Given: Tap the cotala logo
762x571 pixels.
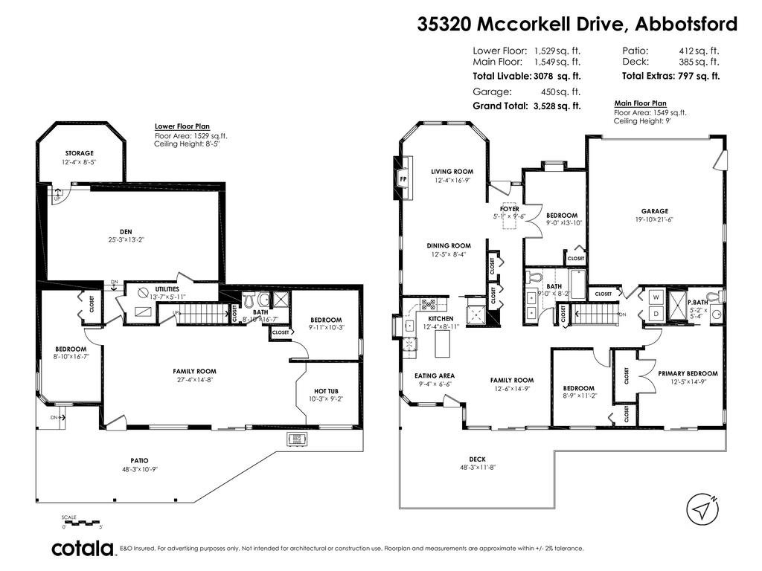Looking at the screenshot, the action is [x=83, y=548].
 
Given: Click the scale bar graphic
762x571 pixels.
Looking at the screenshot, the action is [x=81, y=523].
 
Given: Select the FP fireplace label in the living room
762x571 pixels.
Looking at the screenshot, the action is [x=403, y=179].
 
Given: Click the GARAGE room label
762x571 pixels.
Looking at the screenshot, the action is [x=655, y=211].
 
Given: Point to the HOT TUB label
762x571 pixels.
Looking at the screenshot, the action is [x=326, y=391].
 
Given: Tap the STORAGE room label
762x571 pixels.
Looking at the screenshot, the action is [x=79, y=153].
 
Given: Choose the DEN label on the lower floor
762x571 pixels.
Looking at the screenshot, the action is [x=126, y=232].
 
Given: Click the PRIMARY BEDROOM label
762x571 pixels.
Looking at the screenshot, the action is [x=688, y=373].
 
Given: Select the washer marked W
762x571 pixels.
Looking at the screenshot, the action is [x=656, y=297].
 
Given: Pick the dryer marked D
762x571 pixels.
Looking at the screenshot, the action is [x=656, y=314].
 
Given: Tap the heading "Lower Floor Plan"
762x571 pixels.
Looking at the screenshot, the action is [x=182, y=126].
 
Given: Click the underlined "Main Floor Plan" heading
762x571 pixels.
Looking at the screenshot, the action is [x=641, y=103].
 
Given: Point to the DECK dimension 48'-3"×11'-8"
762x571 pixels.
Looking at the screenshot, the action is [x=478, y=468].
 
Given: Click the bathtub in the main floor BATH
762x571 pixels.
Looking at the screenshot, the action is [x=577, y=285].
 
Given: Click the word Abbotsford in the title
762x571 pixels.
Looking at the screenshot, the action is [x=686, y=23].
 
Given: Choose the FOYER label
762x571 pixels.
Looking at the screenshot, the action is [x=509, y=209].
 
